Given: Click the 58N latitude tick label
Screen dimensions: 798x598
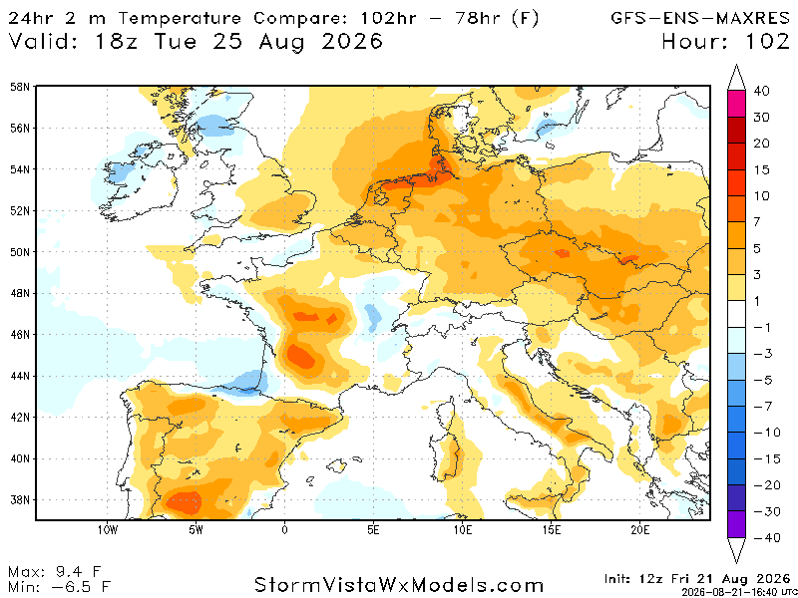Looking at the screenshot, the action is [20, 87].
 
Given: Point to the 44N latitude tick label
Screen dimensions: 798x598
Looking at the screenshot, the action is [20, 376].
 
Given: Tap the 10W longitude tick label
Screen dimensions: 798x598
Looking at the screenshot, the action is [108, 530].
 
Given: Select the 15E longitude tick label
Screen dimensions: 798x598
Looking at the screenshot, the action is [552, 530].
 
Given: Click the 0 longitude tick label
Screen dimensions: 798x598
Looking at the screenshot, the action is [284, 530].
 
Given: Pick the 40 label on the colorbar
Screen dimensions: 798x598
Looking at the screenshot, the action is [761, 91].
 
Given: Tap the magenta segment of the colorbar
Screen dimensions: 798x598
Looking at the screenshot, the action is [736, 104].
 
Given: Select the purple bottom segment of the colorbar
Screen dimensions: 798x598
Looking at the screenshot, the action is [736, 524].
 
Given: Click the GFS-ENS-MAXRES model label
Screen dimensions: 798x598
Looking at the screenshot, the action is [700, 18].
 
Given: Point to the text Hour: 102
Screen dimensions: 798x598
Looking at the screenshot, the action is [726, 41].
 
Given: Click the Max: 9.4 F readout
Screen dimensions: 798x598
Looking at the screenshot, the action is [59, 572].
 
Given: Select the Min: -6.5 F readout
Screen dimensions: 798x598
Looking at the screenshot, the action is [59, 587].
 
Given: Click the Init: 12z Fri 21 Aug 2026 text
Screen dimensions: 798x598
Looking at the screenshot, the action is [697, 579].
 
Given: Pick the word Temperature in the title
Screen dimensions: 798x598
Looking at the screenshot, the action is [180, 18].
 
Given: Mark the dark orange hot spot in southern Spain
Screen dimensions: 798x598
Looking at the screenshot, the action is [185, 502].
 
